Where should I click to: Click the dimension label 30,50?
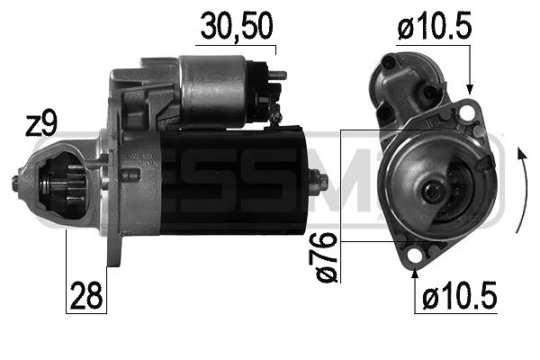(x=236, y=28)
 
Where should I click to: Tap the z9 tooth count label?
(x=42, y=125)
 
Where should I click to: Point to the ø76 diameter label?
(x=327, y=256)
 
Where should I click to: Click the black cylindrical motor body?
(x=234, y=179)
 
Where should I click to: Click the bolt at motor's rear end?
(x=319, y=182)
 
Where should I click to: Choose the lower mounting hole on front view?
(x=413, y=258)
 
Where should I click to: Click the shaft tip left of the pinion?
(x=16, y=184)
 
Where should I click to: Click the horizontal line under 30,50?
(x=236, y=44)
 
